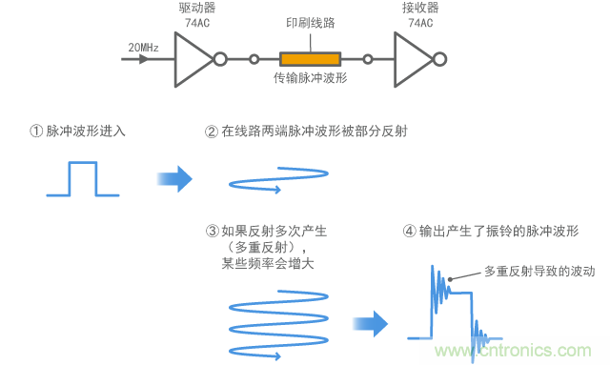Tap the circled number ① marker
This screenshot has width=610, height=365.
tap(37, 131)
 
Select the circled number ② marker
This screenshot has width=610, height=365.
tap(213, 131)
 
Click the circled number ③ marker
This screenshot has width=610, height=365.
tap(212, 231)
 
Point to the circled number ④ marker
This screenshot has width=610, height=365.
tap(411, 231)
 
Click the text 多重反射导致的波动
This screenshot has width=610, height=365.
tap(539, 271)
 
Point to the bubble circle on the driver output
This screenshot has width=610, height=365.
tap(220, 59)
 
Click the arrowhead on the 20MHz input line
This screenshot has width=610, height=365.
tap(143, 59)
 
